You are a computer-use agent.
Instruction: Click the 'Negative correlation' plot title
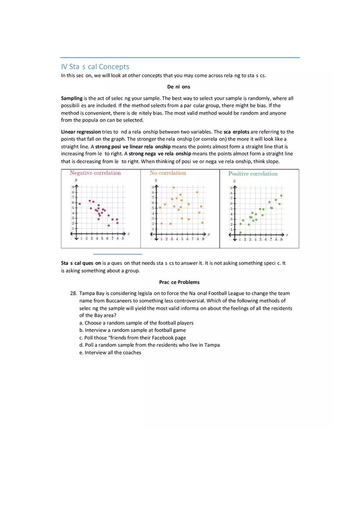95,173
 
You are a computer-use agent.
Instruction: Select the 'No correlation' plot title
168,173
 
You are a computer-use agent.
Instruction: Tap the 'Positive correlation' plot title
253,174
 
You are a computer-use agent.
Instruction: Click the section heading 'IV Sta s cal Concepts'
95,67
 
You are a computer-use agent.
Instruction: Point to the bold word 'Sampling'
72,98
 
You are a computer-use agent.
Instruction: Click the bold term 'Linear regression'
81,132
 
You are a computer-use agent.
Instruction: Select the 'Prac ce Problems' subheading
179,282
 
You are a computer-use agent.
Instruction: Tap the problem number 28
74,293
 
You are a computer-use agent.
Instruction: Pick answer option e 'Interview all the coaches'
110,353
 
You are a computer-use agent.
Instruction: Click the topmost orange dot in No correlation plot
174,187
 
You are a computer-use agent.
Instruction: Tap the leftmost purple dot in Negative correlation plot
80,204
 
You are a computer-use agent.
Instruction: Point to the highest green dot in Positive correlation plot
281,195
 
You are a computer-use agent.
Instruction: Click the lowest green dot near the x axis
240,232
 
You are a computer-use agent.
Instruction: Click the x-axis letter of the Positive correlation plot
287,235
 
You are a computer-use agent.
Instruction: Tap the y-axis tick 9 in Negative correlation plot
73,187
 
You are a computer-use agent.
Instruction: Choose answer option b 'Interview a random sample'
133,330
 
